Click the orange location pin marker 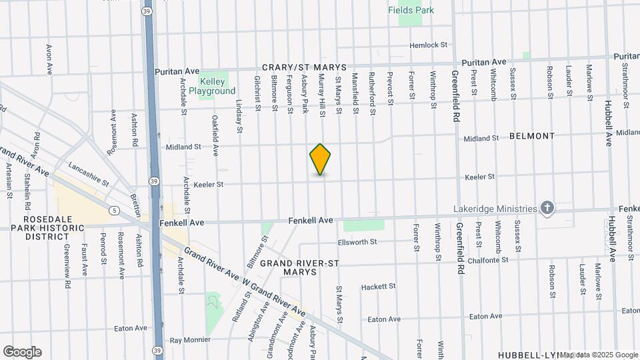tap(321, 159)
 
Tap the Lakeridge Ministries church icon tap(547, 209)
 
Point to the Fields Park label tap(411, 10)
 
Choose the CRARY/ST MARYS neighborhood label tap(304, 67)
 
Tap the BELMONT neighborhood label tap(531, 136)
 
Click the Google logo tap(22, 352)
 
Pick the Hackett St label tap(378, 287)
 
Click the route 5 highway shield tap(115, 211)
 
